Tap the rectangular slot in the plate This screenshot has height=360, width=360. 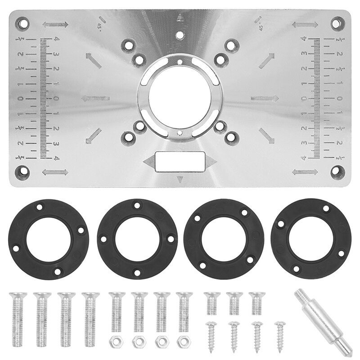click(180, 161)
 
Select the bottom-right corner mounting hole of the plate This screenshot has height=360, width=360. click(337, 171)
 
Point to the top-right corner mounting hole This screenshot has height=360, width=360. click(337, 22)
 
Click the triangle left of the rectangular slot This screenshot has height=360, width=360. click(148, 161)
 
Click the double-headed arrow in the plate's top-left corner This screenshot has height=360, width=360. click(55, 24)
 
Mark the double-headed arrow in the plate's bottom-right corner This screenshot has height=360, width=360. click(305, 171)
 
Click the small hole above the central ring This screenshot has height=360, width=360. click(180, 35)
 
